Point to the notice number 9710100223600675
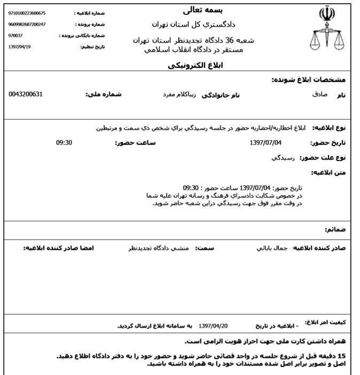coord(27,13)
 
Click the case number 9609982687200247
coord(27,24)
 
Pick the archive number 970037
coord(16,35)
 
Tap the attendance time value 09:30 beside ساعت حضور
coord(64,143)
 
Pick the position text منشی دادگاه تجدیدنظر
coord(155,249)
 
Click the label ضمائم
coord(335,229)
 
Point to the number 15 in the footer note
coord(342,356)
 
